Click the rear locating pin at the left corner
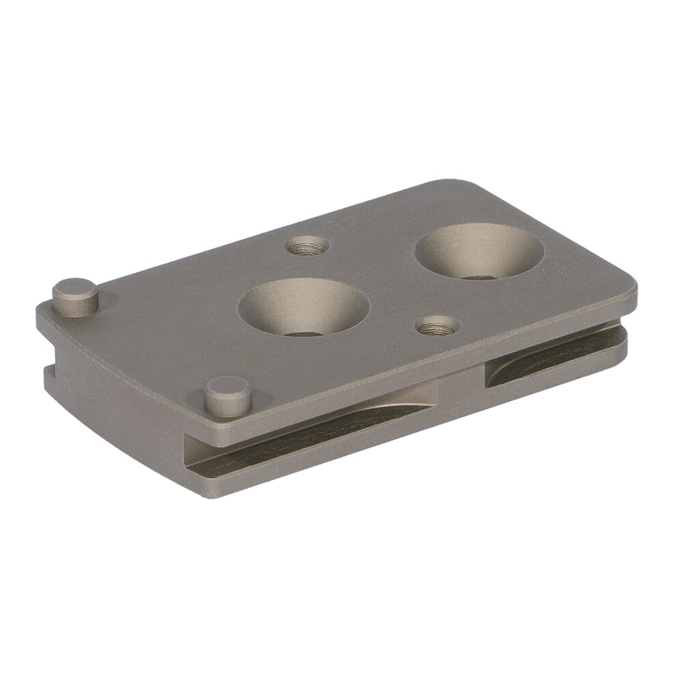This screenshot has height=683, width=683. [75, 296]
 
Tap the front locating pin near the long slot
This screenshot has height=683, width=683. [227, 395]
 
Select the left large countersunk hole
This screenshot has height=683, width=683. [303, 307]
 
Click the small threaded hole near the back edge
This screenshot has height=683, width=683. [307, 245]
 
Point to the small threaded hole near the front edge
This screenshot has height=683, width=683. [436, 326]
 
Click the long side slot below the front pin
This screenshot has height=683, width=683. [307, 433]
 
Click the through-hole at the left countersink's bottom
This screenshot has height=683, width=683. [303, 333]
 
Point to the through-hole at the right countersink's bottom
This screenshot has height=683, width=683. [479, 276]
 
